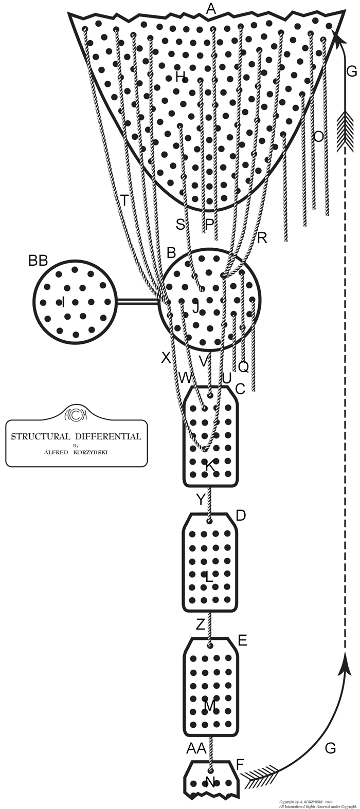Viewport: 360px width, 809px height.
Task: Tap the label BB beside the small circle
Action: click(38, 261)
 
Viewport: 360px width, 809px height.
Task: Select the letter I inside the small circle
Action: click(63, 302)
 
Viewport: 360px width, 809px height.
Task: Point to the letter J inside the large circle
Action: click(195, 308)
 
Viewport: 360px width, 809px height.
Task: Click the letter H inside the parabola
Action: click(180, 78)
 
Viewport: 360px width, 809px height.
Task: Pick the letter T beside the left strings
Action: click(124, 200)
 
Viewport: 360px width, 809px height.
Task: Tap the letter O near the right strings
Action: click(319, 137)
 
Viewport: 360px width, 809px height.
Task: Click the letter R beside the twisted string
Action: click(262, 238)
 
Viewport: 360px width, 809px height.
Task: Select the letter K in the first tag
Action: click(210, 466)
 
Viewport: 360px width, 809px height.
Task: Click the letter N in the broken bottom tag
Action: click(210, 782)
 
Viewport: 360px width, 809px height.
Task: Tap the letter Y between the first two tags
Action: click(201, 499)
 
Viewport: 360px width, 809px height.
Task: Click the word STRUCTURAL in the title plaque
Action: click(40, 437)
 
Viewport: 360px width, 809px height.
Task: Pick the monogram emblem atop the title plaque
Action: click(77, 413)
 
